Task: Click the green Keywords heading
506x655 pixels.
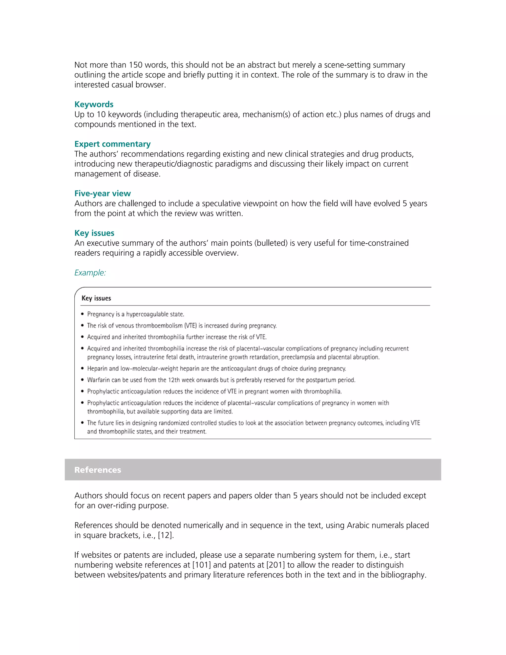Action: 94,104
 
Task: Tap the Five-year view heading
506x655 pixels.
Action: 103,194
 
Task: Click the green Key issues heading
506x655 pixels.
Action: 94,233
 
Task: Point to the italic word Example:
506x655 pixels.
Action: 90,273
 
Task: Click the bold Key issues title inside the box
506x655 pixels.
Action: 96,298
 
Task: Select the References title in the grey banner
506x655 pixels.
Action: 98,470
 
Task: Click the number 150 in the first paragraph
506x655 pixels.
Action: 135,65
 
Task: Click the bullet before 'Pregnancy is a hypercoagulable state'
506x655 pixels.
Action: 83,314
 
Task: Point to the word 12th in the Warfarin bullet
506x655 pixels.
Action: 174,380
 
